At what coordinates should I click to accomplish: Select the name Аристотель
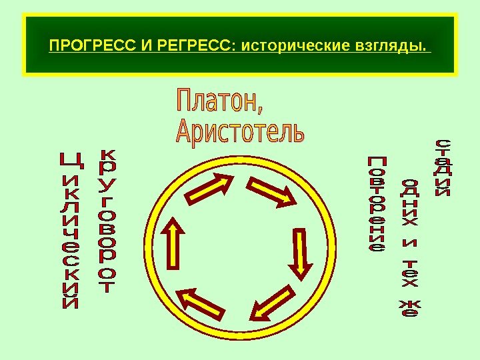click(240, 131)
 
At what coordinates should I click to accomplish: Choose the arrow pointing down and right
click(274, 193)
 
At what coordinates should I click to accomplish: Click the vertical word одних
click(412, 203)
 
